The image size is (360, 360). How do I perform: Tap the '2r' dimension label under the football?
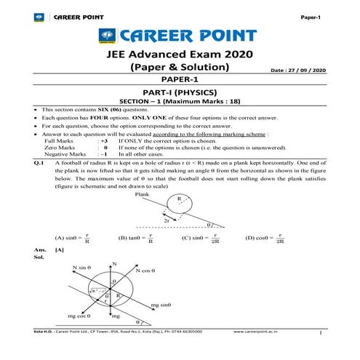[x=167, y=220]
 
